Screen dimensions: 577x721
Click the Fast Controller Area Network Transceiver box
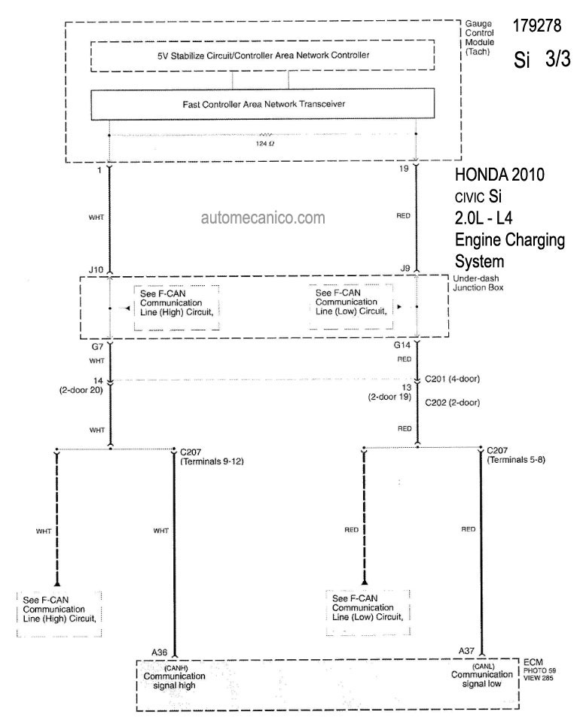[263, 105]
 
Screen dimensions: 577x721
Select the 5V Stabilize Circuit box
[263, 56]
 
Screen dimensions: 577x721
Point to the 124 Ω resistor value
[265, 144]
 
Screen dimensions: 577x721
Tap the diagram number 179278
[537, 26]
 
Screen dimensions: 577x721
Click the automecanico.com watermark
[263, 218]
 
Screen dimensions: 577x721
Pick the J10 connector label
[96, 270]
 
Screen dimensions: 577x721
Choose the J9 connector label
[405, 268]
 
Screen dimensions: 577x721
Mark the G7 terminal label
[97, 347]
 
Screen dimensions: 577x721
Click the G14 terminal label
[401, 345]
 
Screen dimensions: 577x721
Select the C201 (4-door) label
[452, 379]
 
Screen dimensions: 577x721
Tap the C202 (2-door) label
[452, 403]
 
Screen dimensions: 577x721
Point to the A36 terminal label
[159, 652]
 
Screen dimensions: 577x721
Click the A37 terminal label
[466, 651]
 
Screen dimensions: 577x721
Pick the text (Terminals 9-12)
[212, 461]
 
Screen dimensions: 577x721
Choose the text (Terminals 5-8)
[516, 459]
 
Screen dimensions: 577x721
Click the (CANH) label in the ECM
[176, 668]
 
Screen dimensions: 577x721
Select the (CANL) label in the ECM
[483, 666]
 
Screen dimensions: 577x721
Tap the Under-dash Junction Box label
[478, 283]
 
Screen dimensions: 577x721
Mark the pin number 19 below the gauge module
[404, 169]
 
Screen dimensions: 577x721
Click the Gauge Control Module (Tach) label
[480, 37]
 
